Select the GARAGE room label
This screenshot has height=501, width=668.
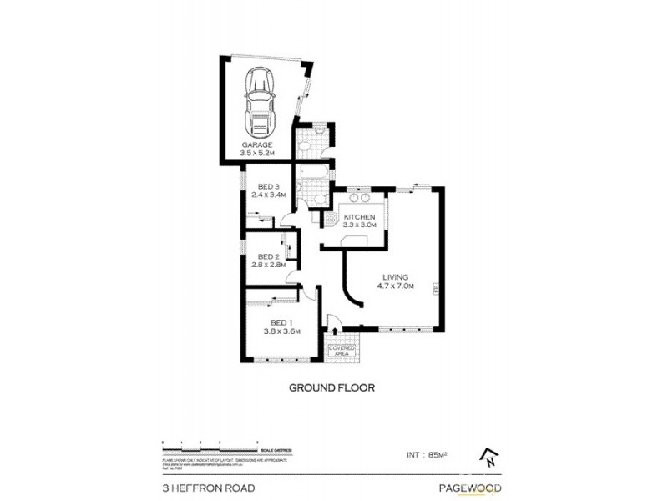pos(257,144)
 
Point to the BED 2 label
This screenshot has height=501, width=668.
pos(267,256)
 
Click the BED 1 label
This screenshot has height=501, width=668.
pos(280,322)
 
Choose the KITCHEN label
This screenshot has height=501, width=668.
pos(361,217)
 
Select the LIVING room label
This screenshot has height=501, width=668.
pos(396,277)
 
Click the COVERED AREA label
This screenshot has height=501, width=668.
pos(342,350)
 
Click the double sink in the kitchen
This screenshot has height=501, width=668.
pos(359,199)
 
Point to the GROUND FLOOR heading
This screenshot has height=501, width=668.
pos(331,387)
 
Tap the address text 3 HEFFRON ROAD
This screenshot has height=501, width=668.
pos(208,488)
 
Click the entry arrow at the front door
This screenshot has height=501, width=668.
pos(331,320)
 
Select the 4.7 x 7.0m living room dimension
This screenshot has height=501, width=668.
pos(396,286)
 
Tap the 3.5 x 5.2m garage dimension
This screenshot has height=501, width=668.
pos(257,153)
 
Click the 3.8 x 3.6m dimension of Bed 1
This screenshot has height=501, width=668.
pos(280,331)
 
